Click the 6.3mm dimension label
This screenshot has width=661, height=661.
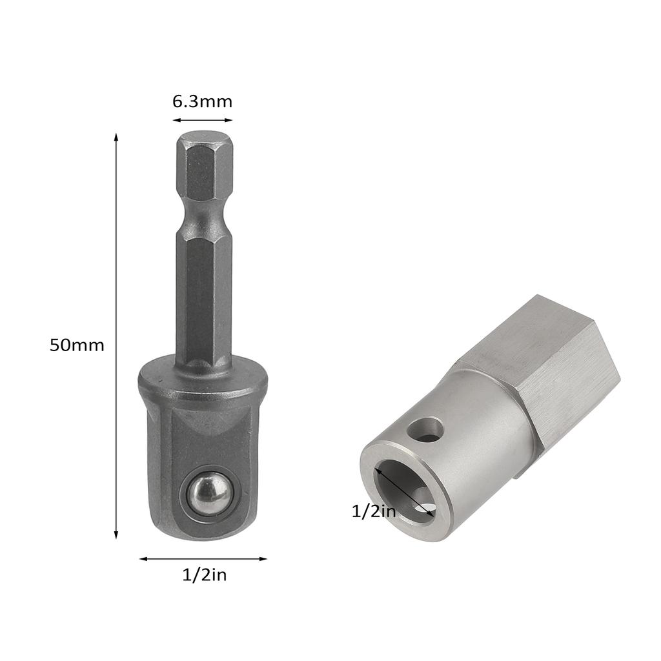202,101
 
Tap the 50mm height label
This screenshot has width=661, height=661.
77,345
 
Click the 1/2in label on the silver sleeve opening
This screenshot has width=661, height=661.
373,511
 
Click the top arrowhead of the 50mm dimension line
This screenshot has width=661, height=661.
116,137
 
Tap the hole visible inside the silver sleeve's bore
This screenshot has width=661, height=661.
423,509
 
